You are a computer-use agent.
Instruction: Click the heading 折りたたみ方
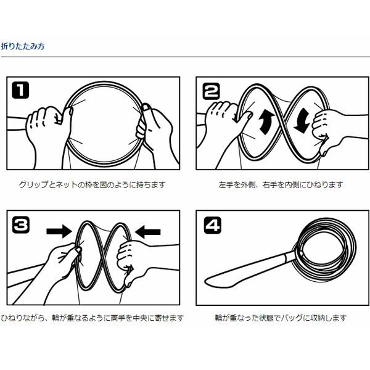[x=23, y=46]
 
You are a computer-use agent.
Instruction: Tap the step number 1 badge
[x=20, y=90]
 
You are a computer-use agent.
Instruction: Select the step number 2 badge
[x=211, y=91]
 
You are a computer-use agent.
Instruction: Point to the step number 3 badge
[x=21, y=225]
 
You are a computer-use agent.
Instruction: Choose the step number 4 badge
[x=212, y=226]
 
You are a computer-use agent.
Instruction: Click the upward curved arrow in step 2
[x=266, y=121]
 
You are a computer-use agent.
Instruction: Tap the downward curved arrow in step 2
[x=302, y=121]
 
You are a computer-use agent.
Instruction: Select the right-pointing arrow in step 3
[x=59, y=231]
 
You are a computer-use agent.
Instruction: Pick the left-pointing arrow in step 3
[x=148, y=232]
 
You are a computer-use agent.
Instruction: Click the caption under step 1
[x=92, y=184]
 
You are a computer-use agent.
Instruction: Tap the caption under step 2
[x=281, y=184]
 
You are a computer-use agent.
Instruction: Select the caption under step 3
[x=92, y=318]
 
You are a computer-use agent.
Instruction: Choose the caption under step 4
[x=281, y=318]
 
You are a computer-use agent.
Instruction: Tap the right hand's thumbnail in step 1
[x=146, y=107]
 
